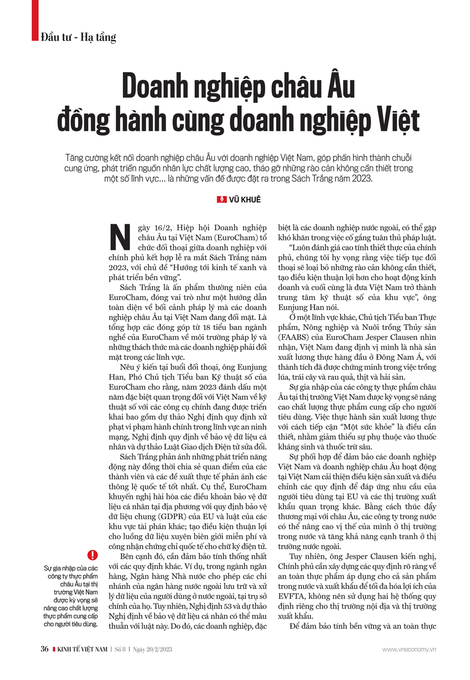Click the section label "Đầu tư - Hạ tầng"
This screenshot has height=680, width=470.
pyautogui.click(x=78, y=37)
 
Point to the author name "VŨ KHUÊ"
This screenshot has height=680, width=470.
pyautogui.click(x=244, y=200)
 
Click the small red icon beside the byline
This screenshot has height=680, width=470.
pyautogui.click(x=221, y=200)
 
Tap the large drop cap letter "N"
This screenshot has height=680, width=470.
pyautogui.click(x=120, y=237)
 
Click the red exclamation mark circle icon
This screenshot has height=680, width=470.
pyautogui.click(x=93, y=555)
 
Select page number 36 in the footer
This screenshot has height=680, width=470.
pyautogui.click(x=45, y=649)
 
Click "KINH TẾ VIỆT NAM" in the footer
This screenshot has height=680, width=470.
pyautogui.click(x=82, y=649)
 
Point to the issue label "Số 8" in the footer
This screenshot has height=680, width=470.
pyautogui.click(x=120, y=649)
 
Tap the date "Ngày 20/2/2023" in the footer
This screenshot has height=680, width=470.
pyautogui.click(x=152, y=649)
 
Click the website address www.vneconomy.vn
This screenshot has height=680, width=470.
pyautogui.click(x=409, y=649)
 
